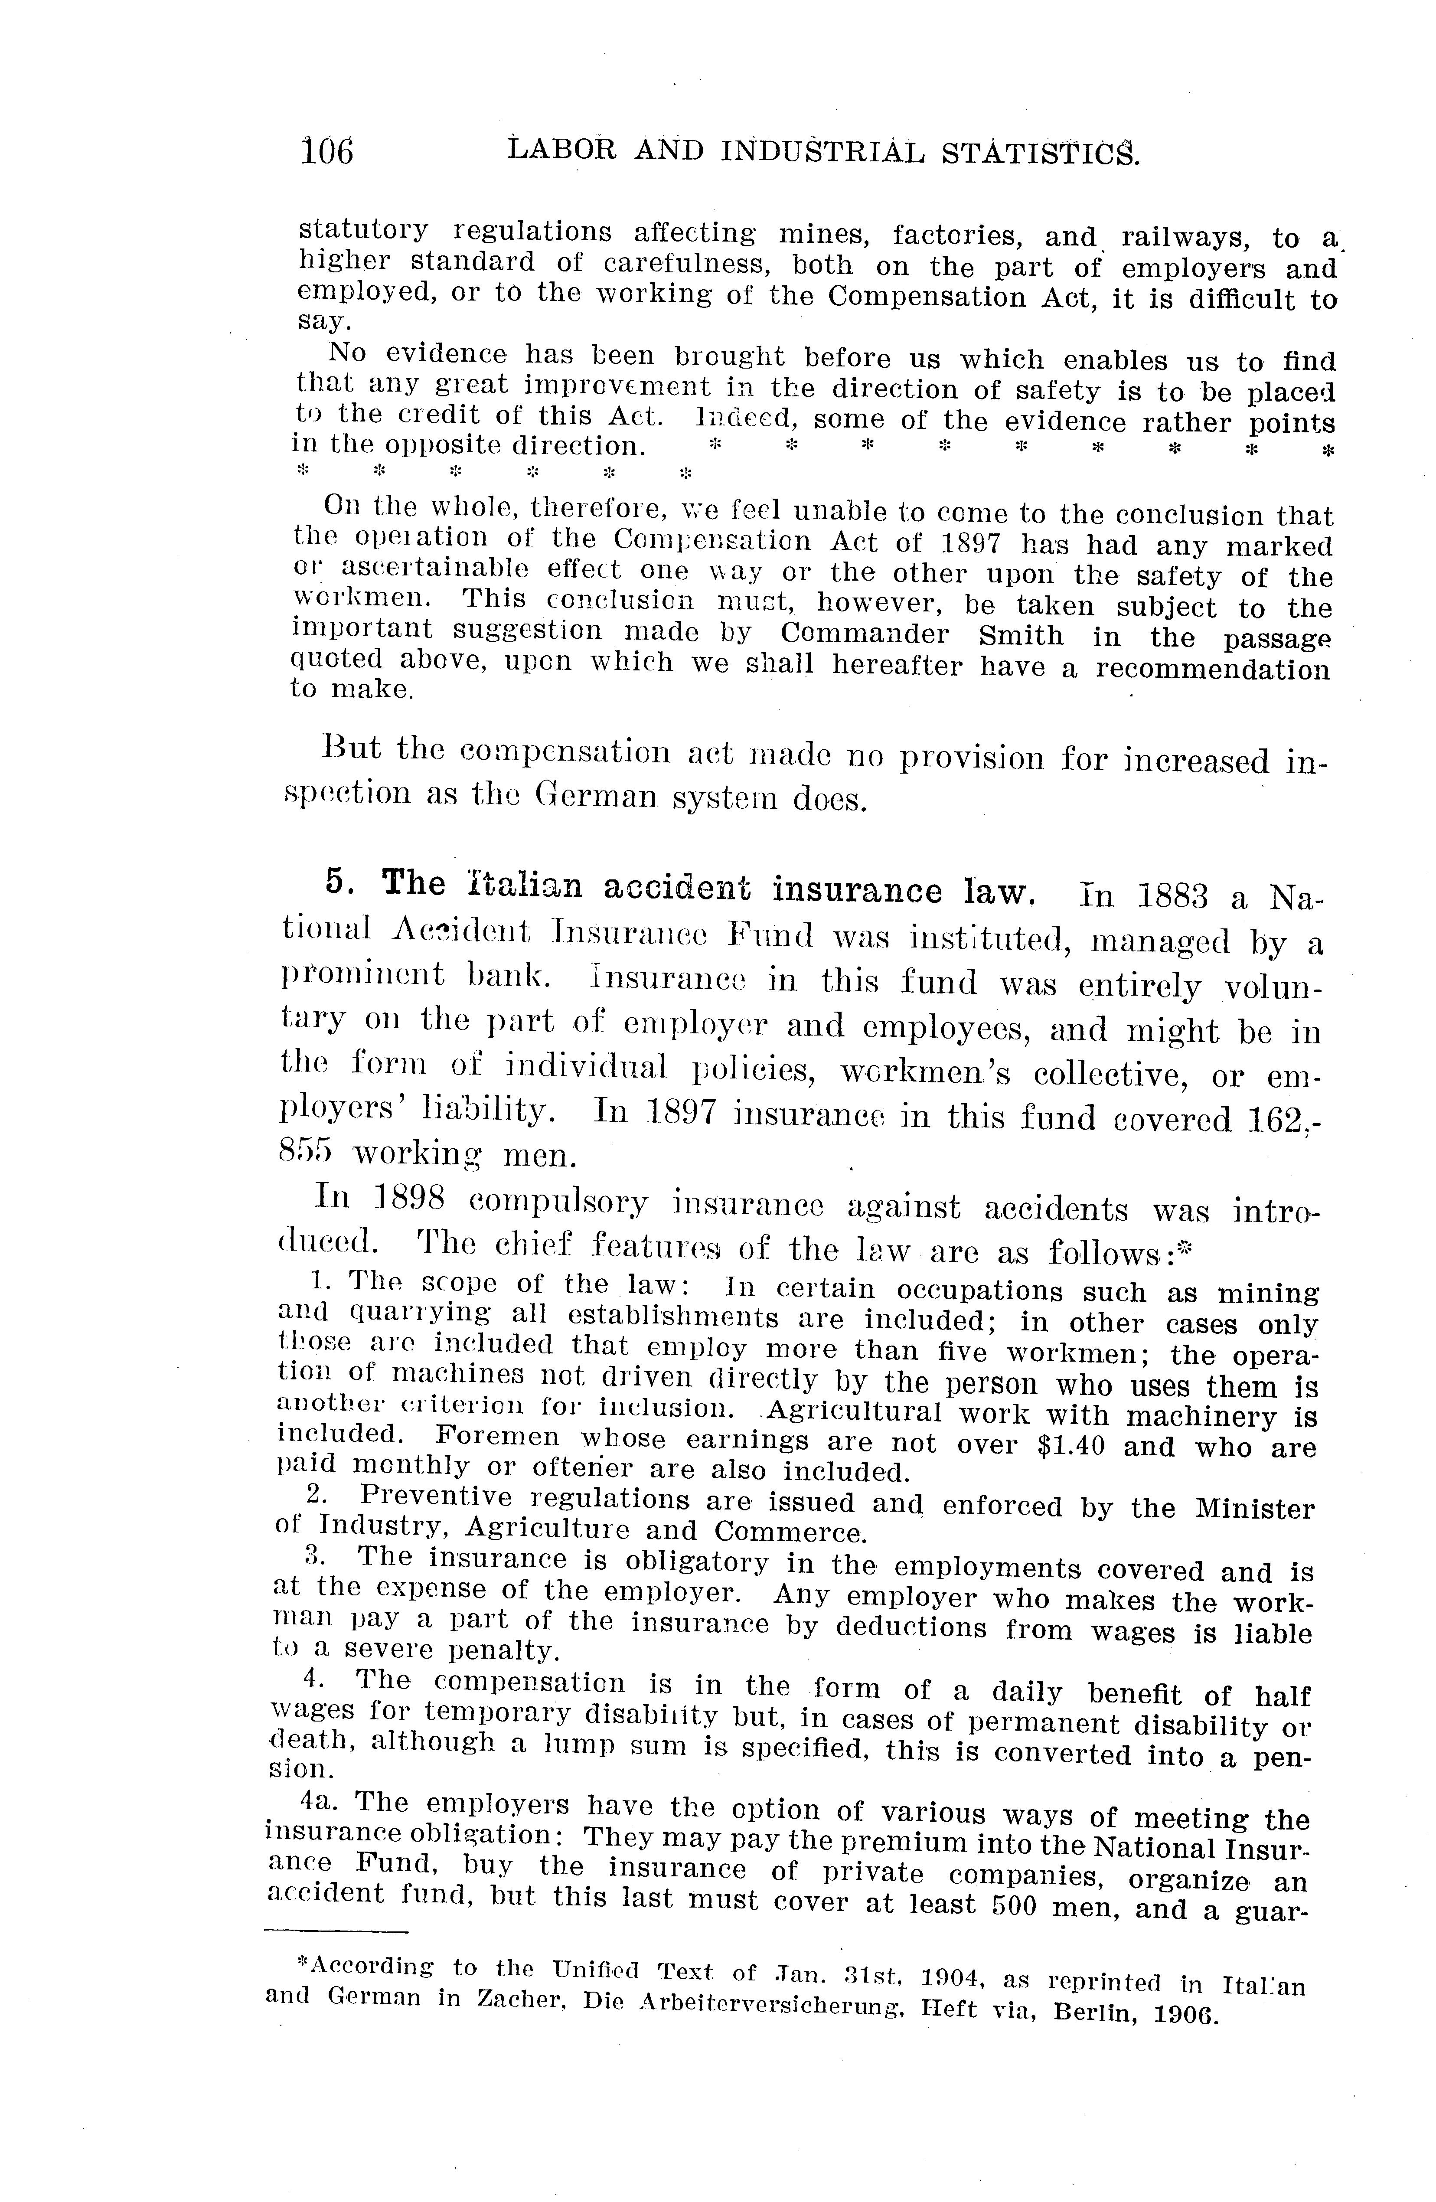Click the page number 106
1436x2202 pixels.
[x=326, y=150]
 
